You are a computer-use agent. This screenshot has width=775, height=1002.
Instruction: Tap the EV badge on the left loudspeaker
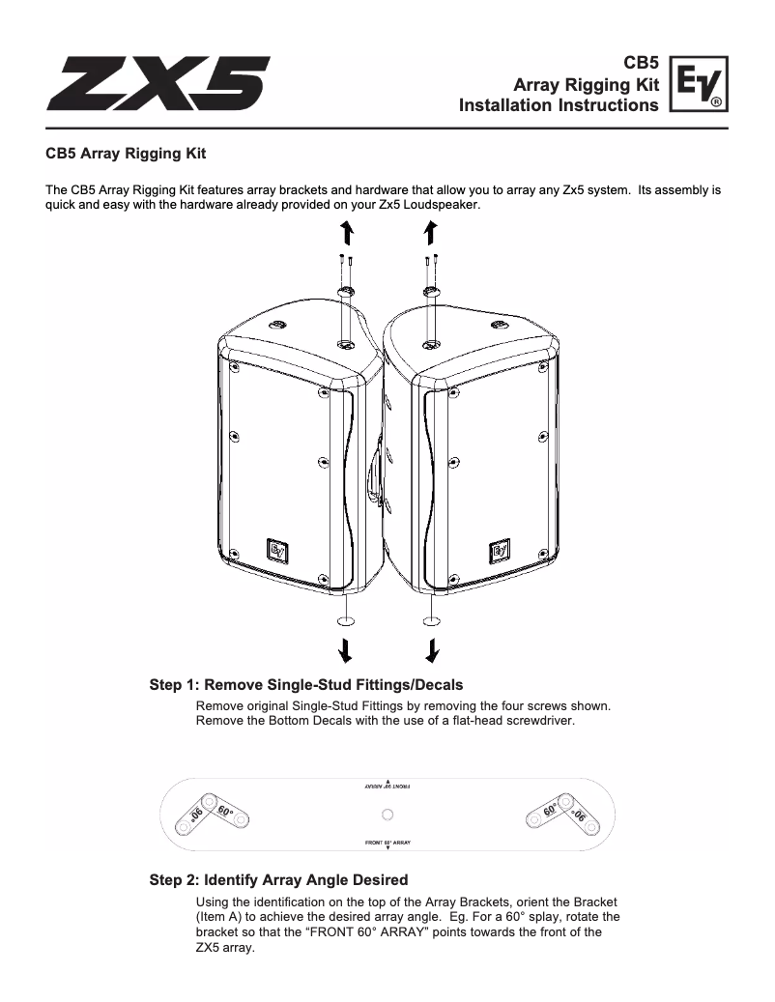pyautogui.click(x=278, y=549)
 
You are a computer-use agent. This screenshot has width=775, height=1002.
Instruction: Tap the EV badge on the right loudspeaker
pyautogui.click(x=501, y=549)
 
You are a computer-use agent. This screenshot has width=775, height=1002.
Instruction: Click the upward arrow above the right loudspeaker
pyautogui.click(x=431, y=232)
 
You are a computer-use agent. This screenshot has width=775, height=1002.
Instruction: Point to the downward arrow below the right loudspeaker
pyautogui.click(x=432, y=645)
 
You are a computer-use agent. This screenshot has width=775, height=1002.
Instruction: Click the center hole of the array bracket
pyautogui.click(x=388, y=813)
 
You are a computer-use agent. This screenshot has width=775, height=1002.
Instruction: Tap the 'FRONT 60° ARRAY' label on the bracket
pyautogui.click(x=387, y=843)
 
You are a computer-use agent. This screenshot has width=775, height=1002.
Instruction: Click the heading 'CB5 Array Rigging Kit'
pyautogui.click(x=126, y=153)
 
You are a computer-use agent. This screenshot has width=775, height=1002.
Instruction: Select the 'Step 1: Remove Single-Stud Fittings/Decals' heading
pyautogui.click(x=300, y=686)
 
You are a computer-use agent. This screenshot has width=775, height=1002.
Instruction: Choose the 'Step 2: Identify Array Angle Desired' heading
pyautogui.click(x=278, y=879)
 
